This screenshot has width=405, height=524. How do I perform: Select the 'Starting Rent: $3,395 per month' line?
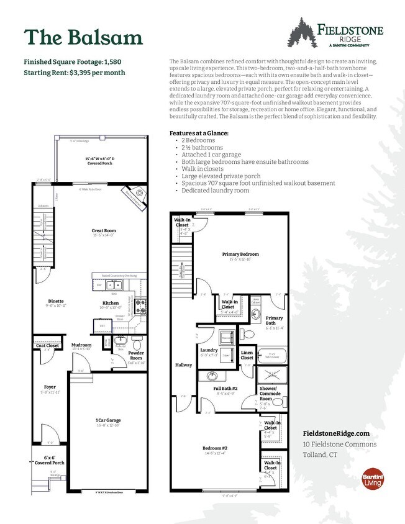click(75, 73)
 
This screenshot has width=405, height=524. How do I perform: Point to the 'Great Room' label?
click(103, 231)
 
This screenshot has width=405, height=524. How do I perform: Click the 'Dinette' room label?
click(56, 301)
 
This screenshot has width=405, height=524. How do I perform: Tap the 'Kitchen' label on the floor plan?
click(111, 304)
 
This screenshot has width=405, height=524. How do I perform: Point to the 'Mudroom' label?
click(81, 345)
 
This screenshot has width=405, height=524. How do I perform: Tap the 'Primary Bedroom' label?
click(240, 254)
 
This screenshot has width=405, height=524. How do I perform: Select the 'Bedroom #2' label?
click(215, 448)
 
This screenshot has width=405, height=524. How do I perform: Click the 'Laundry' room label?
click(209, 350)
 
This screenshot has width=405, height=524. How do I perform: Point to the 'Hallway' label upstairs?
click(183, 365)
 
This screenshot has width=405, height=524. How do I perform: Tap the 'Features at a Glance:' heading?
click(199, 133)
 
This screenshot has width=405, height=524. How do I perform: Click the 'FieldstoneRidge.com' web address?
click(336, 433)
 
